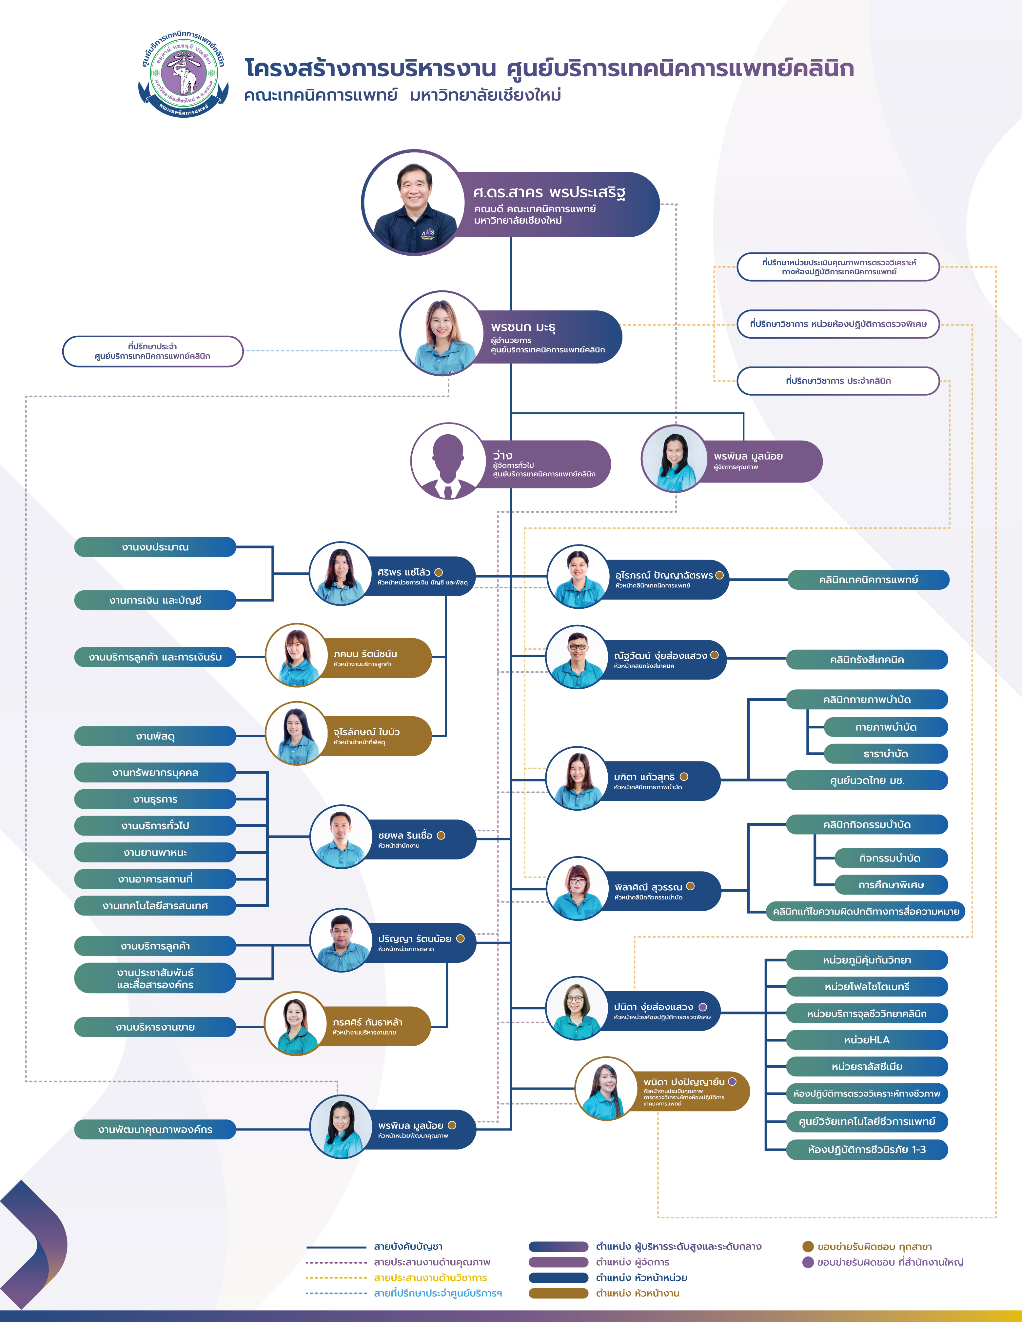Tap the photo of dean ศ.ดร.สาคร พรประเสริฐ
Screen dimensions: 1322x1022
coord(414,203)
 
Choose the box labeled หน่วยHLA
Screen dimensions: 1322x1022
coord(866,1040)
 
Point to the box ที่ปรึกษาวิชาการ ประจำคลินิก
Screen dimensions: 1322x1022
coord(838,381)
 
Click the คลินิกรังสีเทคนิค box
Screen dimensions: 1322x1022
coord(866,660)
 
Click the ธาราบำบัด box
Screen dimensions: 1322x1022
coord(885,754)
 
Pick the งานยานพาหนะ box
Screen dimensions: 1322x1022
coord(155,852)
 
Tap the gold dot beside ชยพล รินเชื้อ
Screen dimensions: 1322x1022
coord(441,835)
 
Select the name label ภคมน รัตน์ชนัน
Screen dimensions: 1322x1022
coord(365,654)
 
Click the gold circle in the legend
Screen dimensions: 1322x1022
coord(808,1246)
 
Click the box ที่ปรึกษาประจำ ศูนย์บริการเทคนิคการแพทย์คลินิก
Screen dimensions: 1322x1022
coord(152,351)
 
